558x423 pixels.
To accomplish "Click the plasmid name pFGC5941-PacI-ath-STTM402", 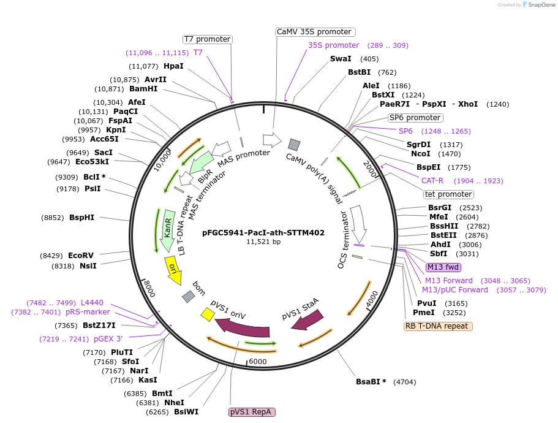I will (x=263, y=233).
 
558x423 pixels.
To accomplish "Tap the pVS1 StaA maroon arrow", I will (x=307, y=319).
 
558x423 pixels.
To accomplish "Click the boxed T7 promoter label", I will (x=208, y=39).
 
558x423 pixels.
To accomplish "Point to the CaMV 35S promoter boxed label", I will (x=314, y=32).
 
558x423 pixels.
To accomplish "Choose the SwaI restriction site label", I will (x=341, y=59).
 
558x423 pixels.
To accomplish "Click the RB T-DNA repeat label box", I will (x=438, y=326).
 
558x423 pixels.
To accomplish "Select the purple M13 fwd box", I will (x=443, y=267).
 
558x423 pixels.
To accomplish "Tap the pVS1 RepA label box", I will (x=252, y=412).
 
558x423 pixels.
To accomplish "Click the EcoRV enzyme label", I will (x=81, y=256).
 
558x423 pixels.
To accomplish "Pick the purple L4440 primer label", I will (x=92, y=303).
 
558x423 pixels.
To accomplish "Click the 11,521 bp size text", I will (x=263, y=242).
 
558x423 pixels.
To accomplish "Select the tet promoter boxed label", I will (x=448, y=194).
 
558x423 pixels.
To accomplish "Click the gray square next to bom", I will (x=189, y=297).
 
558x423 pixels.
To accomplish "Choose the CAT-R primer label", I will (x=432, y=181).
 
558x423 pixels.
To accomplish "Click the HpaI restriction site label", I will (x=173, y=66).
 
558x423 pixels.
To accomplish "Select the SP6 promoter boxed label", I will (x=415, y=118).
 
